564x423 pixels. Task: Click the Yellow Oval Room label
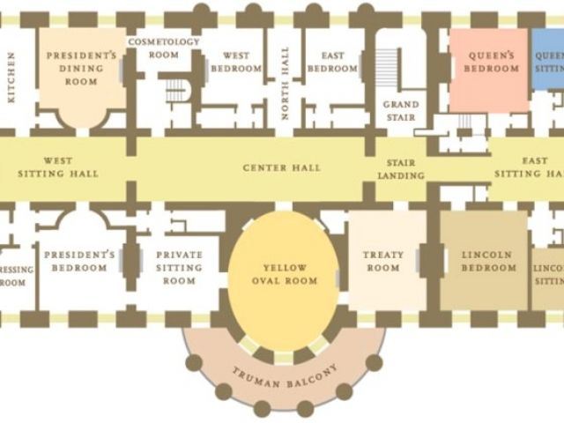285,274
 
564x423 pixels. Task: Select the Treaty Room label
383,262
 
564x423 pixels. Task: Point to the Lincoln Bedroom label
486,262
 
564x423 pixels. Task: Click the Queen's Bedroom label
491,62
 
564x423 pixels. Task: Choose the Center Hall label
282,167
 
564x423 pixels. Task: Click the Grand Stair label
401,110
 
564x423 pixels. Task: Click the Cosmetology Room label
165,48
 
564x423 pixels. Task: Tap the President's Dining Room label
81,68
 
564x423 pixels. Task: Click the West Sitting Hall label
58,167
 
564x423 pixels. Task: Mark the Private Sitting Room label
179,268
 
